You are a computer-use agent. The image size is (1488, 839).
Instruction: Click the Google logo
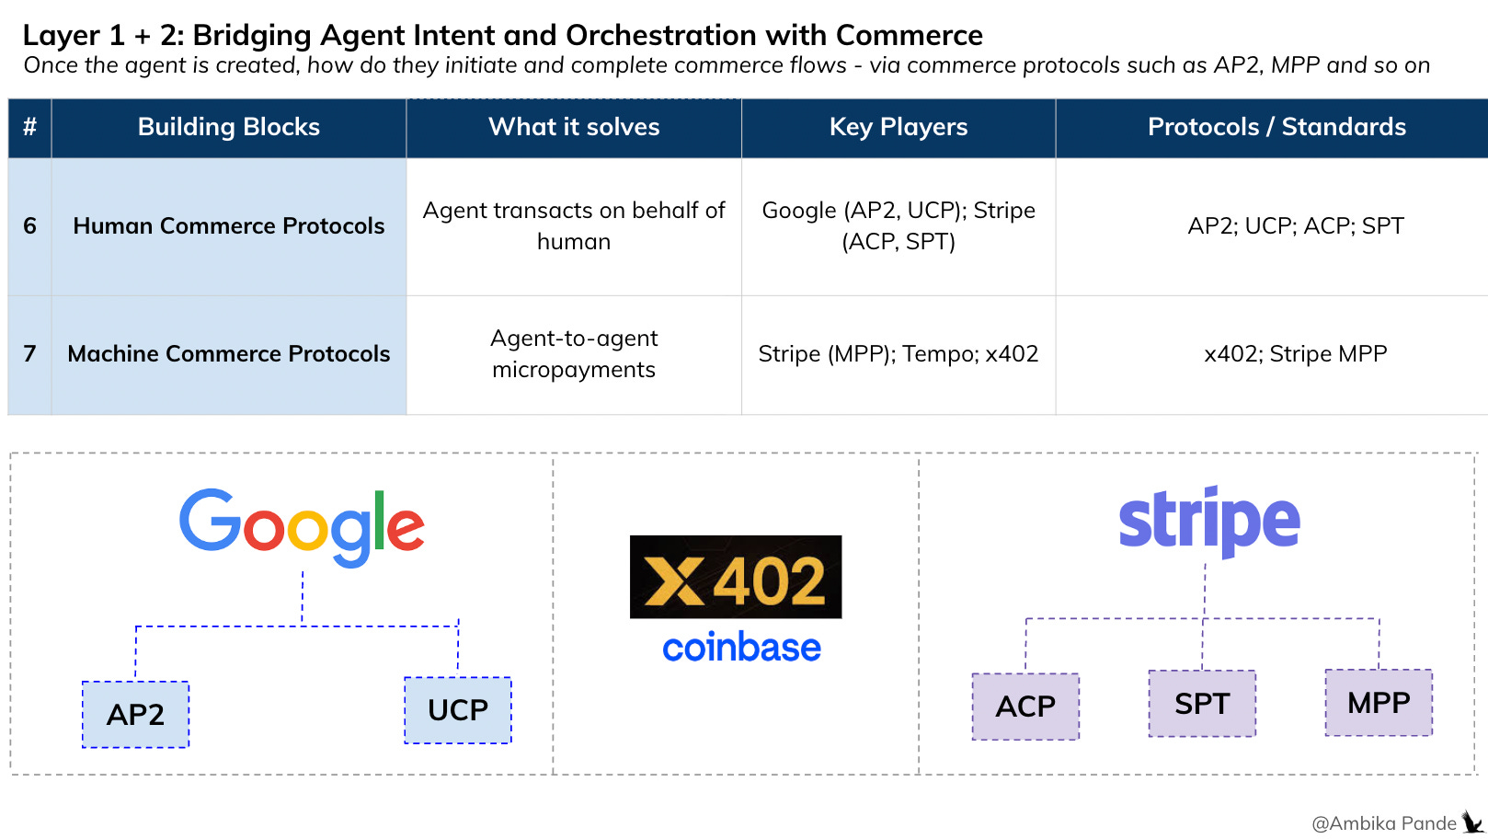[x=302, y=527]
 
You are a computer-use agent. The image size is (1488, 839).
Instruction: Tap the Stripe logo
[x=1209, y=523]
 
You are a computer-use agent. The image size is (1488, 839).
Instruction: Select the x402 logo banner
[x=736, y=577]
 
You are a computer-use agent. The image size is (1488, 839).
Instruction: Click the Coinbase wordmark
[x=741, y=648]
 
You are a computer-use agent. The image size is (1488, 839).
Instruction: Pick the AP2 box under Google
[x=135, y=714]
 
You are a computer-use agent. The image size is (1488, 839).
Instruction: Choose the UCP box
[x=458, y=710]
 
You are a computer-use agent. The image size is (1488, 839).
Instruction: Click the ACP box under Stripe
[x=1025, y=707]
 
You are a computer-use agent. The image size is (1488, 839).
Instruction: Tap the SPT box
[x=1202, y=704]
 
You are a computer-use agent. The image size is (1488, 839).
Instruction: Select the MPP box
[x=1379, y=702]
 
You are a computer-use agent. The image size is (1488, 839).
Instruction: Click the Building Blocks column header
[x=228, y=128]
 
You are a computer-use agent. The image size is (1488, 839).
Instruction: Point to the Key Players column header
[x=899, y=128]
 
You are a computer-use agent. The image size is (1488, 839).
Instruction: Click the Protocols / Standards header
[x=1276, y=128]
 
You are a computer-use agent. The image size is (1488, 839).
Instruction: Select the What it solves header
[x=574, y=128]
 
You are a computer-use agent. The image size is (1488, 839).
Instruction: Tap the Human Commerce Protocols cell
[x=228, y=226]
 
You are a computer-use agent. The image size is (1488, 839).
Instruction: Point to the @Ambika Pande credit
[x=1384, y=823]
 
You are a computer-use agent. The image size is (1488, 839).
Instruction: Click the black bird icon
[x=1472, y=822]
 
